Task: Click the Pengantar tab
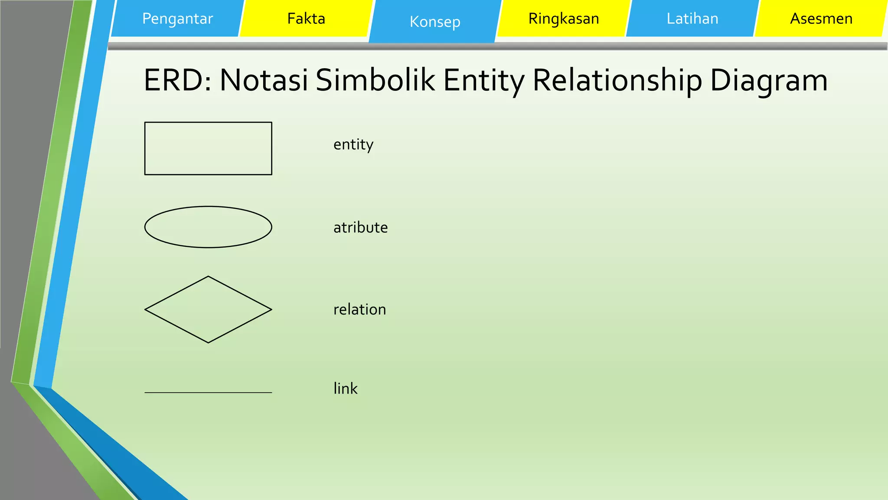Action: pyautogui.click(x=177, y=19)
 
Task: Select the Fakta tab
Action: pyautogui.click(x=306, y=19)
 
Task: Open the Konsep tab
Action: pyautogui.click(x=435, y=22)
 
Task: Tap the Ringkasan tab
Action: pyautogui.click(x=564, y=19)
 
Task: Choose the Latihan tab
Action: pyautogui.click(x=692, y=19)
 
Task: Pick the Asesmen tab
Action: pyautogui.click(x=821, y=19)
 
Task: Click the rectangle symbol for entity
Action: pyautogui.click(x=208, y=148)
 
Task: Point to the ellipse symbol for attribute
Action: pyautogui.click(x=208, y=227)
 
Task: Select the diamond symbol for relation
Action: pyautogui.click(x=208, y=309)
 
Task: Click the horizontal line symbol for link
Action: pyautogui.click(x=208, y=392)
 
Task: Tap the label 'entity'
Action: pyautogui.click(x=353, y=145)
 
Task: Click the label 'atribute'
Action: pyautogui.click(x=360, y=227)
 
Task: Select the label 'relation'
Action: pyautogui.click(x=359, y=309)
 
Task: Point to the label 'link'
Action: pyautogui.click(x=345, y=388)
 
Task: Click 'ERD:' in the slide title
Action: pyautogui.click(x=177, y=80)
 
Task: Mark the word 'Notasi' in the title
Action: pyautogui.click(x=264, y=80)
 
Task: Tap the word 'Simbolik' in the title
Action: pyautogui.click(x=375, y=80)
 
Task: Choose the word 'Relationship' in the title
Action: pyautogui.click(x=617, y=80)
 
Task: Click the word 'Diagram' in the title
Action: pyautogui.click(x=769, y=80)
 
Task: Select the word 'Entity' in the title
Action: pyautogui.click(x=484, y=80)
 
